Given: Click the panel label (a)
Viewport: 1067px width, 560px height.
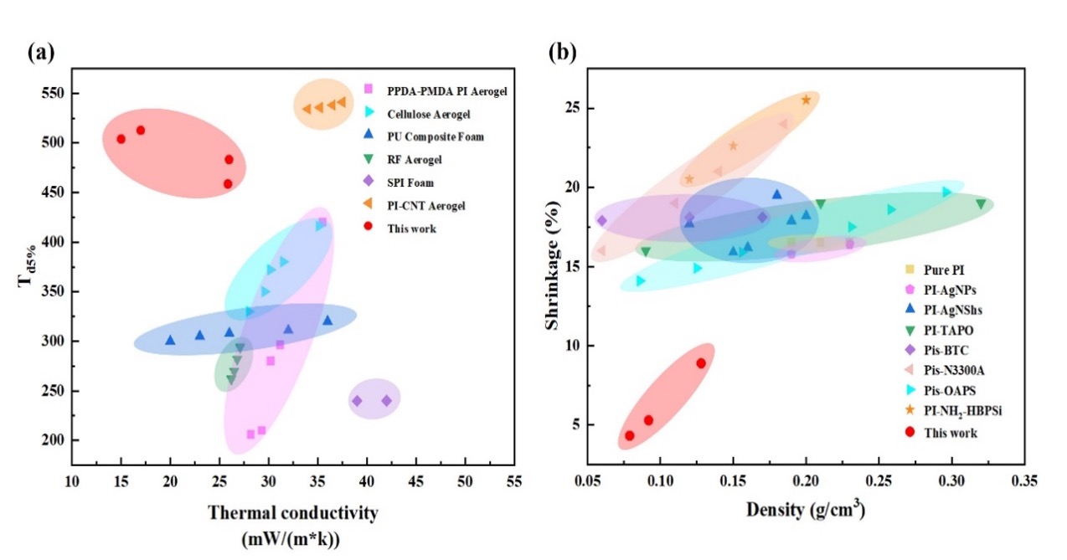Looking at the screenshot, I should (x=40, y=53).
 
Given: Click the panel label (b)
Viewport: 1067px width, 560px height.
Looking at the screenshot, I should (x=562, y=53).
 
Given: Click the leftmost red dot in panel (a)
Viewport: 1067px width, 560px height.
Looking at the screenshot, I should (x=121, y=139).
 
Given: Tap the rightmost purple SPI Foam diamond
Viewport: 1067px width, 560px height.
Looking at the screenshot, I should (x=386, y=401).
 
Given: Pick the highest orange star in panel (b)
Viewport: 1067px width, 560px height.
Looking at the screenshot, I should (x=806, y=100).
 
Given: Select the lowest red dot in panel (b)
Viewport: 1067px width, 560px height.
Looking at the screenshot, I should (x=630, y=435).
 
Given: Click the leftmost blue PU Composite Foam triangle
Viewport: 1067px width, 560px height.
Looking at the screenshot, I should (x=170, y=341).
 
